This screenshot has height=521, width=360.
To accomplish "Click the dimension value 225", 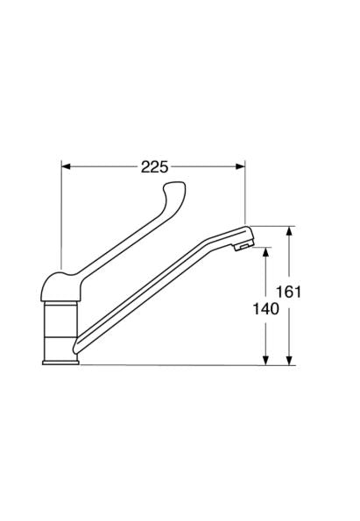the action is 154,166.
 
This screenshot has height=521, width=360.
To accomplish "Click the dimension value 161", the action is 289,292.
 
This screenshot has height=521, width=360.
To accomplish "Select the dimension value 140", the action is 265,309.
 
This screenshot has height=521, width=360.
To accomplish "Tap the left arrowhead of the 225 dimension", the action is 67,166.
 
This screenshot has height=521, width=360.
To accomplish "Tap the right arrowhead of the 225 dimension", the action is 240,166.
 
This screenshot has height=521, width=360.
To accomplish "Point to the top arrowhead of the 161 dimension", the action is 290,230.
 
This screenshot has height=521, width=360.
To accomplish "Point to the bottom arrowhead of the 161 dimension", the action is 290,361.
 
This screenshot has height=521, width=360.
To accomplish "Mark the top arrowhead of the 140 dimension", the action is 265,252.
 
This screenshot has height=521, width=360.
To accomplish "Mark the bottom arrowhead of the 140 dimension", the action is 265,361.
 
